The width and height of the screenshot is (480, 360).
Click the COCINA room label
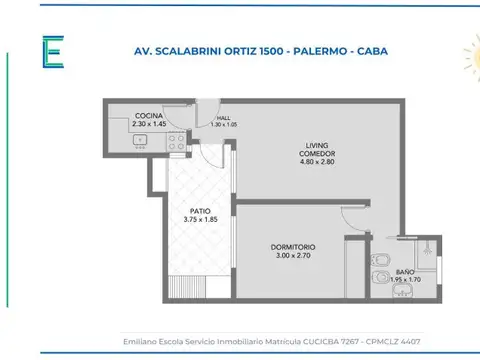click(148, 116)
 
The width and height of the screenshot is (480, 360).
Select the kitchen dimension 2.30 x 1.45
click(148, 124)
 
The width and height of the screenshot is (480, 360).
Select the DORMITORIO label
click(292, 247)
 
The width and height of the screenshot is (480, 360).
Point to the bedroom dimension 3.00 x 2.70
click(292, 255)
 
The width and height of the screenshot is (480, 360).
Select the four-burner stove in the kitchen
click(175, 142)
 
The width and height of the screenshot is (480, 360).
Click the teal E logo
click(52, 52)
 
